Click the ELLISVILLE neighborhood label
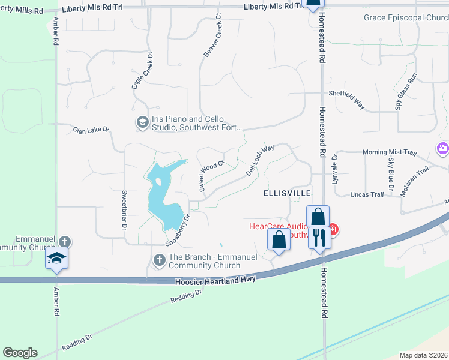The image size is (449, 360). click(x=287, y=193)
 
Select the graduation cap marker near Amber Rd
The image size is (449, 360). click(x=56, y=258)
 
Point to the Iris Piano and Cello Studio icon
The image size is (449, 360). click(x=142, y=122)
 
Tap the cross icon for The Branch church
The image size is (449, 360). click(x=160, y=260)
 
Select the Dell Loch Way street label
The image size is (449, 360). click(x=260, y=160)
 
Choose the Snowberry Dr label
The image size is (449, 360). click(x=178, y=230)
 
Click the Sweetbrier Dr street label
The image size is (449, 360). click(x=124, y=211)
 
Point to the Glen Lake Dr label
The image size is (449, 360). click(x=91, y=129)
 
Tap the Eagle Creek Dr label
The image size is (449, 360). click(x=142, y=71)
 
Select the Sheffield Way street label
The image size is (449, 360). click(x=346, y=98)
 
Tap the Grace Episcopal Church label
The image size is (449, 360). click(x=406, y=17)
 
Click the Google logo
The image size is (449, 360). click(x=20, y=353)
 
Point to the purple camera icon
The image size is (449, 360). click(x=442, y=148)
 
